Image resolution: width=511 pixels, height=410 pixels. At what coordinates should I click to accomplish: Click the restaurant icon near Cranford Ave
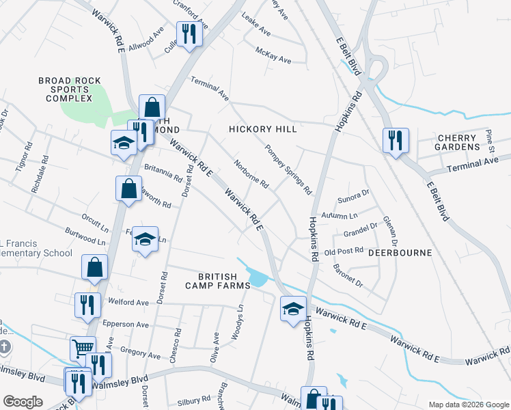[187, 33]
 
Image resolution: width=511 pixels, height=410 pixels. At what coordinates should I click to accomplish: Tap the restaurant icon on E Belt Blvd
[396, 141]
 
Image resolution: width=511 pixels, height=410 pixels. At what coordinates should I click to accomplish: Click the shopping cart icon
[83, 348]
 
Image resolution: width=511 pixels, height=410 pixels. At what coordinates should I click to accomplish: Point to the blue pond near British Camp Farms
[259, 278]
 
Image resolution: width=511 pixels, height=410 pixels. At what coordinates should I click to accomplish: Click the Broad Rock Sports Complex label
[65, 90]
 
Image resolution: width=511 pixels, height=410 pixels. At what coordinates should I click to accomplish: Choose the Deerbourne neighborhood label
[400, 253]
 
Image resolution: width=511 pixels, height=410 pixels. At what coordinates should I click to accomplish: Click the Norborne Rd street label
[251, 174]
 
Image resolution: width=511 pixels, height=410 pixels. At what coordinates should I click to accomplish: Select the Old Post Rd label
[344, 251]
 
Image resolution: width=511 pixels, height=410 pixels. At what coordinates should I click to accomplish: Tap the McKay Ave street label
[273, 55]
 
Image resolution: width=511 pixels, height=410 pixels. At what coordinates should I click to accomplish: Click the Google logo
[23, 402]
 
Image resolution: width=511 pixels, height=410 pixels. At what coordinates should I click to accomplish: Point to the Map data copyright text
[469, 405]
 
